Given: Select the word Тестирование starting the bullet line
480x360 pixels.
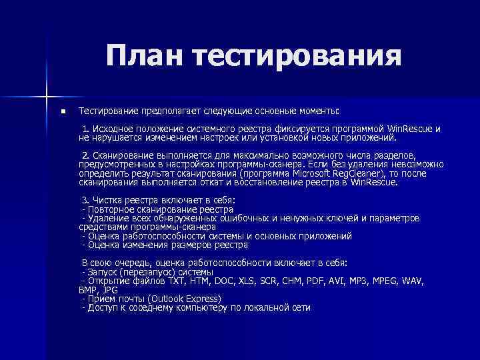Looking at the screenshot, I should click(106, 109).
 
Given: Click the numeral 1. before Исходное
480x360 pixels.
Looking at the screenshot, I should click(86, 129).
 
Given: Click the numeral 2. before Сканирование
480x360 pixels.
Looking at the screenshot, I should click(85, 155).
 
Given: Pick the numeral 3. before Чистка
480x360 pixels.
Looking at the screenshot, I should click(85, 200).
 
